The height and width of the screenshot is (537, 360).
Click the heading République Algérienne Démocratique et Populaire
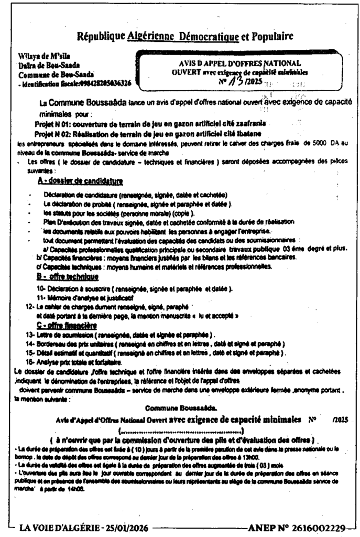tap(185, 37)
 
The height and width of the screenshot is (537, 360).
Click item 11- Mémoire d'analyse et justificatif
tap(81, 297)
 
